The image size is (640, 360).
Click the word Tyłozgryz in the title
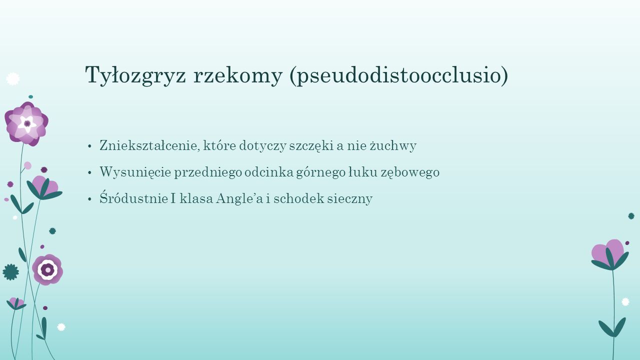coord(135,75)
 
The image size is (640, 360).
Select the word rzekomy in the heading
coord(238,75)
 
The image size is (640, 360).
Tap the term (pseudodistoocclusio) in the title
coord(399,75)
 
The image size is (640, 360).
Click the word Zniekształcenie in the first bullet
coord(149,145)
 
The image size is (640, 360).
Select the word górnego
coord(321,172)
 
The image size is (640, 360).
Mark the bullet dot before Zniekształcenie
coord(89,146)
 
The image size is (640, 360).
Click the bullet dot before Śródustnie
coord(89,199)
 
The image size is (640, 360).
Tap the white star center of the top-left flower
coord(27,123)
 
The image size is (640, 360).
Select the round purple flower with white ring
coord(47,269)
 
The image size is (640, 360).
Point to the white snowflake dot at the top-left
coord(13,79)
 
